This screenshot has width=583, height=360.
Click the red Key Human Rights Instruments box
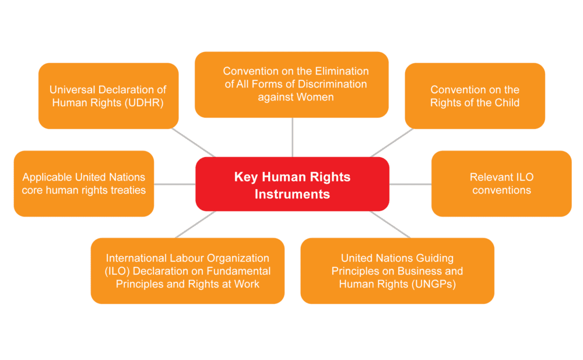coord(292,184)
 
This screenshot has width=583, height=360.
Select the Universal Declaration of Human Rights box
coord(108,96)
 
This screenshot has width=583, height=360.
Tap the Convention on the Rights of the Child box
coord(475,96)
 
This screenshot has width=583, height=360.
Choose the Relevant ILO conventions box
coord(501,184)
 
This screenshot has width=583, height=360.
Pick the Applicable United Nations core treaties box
coord(83,184)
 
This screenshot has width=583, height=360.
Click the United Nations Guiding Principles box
coord(398,271)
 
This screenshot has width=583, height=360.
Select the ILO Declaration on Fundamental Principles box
coord(187,271)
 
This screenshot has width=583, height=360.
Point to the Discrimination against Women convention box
coord(292,85)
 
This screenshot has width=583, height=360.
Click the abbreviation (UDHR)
coord(144,103)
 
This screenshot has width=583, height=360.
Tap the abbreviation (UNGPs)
coord(434,284)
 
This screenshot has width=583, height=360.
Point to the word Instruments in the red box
coord(292,194)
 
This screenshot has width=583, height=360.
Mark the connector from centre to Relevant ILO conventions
coord(410,184)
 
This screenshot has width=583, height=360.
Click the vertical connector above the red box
coord(293,137)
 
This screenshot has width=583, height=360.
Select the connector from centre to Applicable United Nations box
coord(175,184)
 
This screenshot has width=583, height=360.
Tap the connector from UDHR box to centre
coord(194,142)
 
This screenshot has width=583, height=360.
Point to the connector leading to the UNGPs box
coord(390,225)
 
